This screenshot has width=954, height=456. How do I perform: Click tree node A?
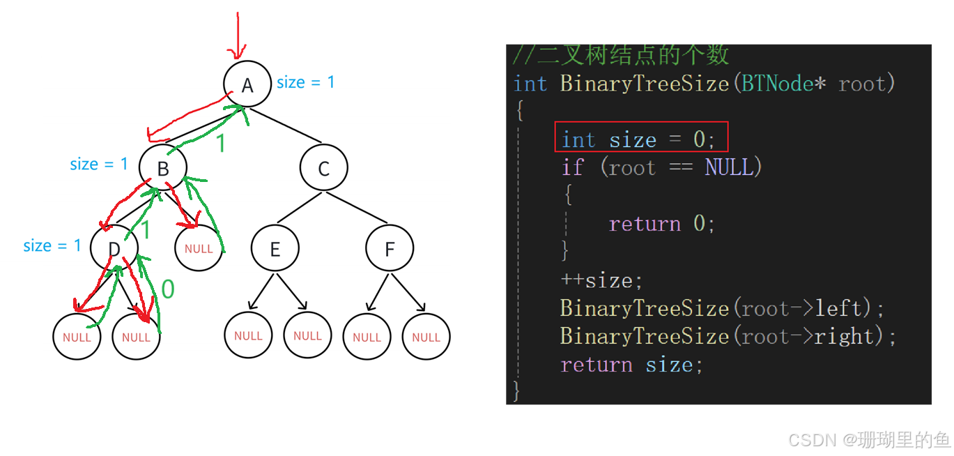coord(247,84)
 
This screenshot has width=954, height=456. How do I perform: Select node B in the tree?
coord(163,168)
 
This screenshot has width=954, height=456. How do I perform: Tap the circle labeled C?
coord(323,168)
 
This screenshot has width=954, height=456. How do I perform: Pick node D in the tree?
coord(114,249)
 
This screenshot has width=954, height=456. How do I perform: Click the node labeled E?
coord(275,249)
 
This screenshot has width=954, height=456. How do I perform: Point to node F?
coord(390,249)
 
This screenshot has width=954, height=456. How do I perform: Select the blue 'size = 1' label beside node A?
coord(305,82)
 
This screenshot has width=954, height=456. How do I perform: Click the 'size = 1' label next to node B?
coord(99,165)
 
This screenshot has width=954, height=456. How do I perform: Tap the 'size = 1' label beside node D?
coord(52,245)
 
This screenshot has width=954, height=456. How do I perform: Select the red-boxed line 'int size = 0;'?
coord(640,139)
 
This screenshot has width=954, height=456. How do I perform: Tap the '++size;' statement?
coord(601,280)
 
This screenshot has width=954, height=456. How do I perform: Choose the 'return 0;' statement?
coord(661,224)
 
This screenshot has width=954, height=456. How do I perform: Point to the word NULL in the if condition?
coord(729,167)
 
